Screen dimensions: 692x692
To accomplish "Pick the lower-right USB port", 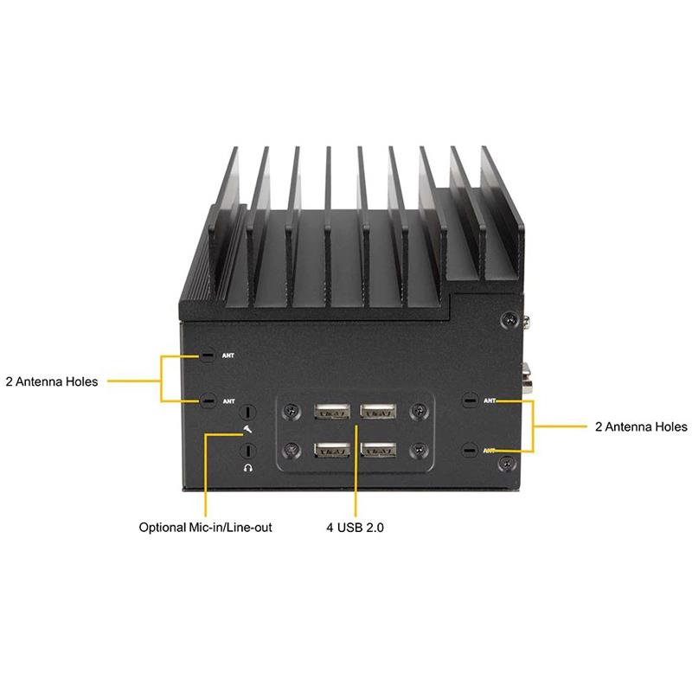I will tap(378, 450).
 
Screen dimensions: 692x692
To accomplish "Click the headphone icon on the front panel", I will tap(249, 467).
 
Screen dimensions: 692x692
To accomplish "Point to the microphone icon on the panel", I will tap(249, 430).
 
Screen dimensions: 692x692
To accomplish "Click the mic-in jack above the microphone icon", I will tap(248, 413).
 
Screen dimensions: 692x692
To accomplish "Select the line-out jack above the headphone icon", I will tap(248, 450).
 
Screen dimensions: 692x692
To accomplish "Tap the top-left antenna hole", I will tap(208, 355).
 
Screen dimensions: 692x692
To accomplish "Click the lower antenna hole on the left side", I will tap(208, 400).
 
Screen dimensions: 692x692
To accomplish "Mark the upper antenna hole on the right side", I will tap(470, 400).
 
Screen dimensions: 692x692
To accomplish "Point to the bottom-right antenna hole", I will tap(470, 450).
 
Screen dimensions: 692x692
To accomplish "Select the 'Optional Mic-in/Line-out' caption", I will tap(206, 526).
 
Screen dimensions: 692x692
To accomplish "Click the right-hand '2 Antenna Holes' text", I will tap(641, 426).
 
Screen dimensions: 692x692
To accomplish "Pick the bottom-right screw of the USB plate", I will tap(419, 450).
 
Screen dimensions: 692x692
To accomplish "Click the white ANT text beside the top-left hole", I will tap(228, 356).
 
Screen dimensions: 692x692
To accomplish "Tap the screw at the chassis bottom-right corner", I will tap(503, 465).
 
